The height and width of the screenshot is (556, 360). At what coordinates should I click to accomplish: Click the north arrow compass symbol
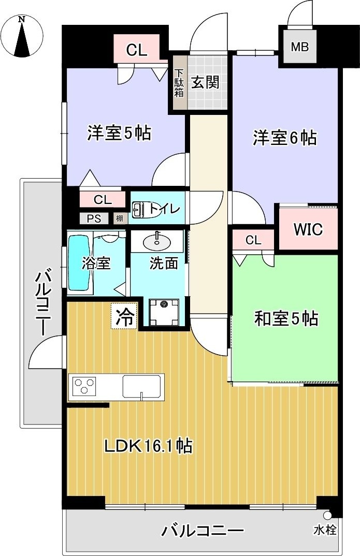coord(21,36)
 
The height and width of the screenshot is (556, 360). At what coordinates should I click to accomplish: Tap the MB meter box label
coord(299,47)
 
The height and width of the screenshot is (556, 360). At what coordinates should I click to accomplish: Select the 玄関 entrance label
coord(206,82)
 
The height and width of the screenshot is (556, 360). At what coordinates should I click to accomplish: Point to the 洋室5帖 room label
coord(119,134)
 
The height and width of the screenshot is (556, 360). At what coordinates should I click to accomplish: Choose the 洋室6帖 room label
coord(284,138)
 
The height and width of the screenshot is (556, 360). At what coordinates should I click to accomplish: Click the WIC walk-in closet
coord(308,229)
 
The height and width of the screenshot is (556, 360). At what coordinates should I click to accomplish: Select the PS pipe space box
coord(94,218)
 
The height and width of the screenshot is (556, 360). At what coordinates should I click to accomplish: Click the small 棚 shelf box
coord(120,218)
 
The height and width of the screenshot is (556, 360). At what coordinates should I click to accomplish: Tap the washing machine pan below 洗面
coord(164,312)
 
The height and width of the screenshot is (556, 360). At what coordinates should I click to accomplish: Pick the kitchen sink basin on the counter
coord(141,386)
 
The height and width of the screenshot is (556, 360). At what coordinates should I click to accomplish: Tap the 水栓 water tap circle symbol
coord(327,516)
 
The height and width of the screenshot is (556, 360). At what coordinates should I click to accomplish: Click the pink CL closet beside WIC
coord(253,240)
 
